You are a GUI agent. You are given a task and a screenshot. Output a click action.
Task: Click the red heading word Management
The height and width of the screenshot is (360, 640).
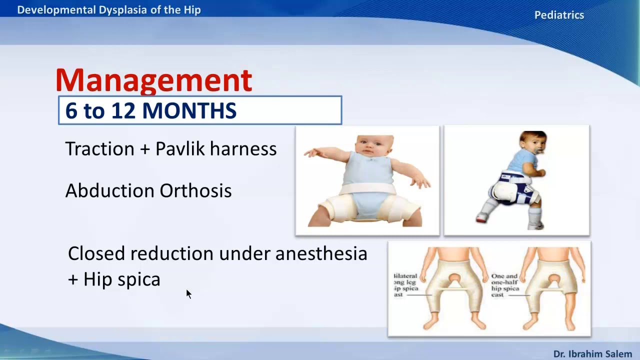click(153, 80)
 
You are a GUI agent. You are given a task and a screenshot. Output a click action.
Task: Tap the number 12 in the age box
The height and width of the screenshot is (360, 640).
click(120, 111)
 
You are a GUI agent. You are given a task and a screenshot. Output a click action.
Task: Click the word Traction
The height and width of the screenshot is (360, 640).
click(99, 149)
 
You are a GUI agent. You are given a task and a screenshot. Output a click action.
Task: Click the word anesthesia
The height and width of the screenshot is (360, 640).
click(321, 253)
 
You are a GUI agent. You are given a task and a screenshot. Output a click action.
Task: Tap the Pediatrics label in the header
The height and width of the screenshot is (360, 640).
click(559, 15)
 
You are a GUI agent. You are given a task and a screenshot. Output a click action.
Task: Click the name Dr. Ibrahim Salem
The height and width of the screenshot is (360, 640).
click(592, 354)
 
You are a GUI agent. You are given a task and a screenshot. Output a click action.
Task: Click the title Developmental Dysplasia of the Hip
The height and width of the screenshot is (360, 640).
click(109, 10)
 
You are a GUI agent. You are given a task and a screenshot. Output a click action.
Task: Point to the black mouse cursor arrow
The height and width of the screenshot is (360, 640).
click(188, 294)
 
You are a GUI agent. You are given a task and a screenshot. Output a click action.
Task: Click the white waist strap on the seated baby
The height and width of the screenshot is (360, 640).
click(367, 188)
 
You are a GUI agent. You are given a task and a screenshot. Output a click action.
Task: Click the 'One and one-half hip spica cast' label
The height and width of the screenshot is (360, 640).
click(505, 285)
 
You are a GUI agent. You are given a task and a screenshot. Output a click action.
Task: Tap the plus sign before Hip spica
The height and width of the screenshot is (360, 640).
click(73, 279)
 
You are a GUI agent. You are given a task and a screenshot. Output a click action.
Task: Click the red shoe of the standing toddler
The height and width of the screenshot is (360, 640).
click(481, 217)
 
